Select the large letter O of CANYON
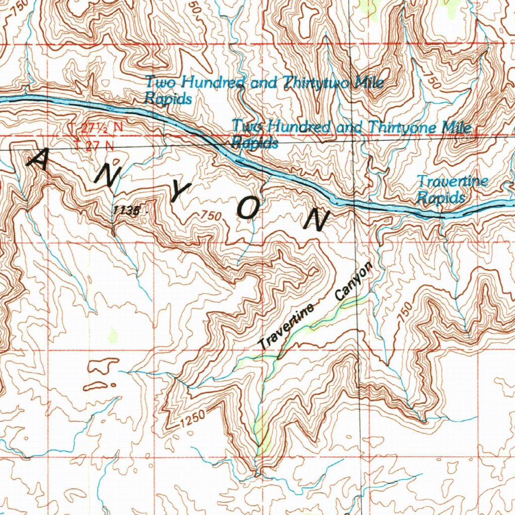pos(248,208)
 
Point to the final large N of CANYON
pos(317,219)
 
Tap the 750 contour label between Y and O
pos(211,216)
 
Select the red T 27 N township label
pos(95,146)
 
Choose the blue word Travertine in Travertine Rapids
pos(452,182)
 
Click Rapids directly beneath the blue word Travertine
pos(441,198)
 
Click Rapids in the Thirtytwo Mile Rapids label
pos(168,99)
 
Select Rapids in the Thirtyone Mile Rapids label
pos(255,143)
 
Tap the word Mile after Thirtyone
pos(457,128)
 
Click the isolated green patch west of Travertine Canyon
pos(113,334)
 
